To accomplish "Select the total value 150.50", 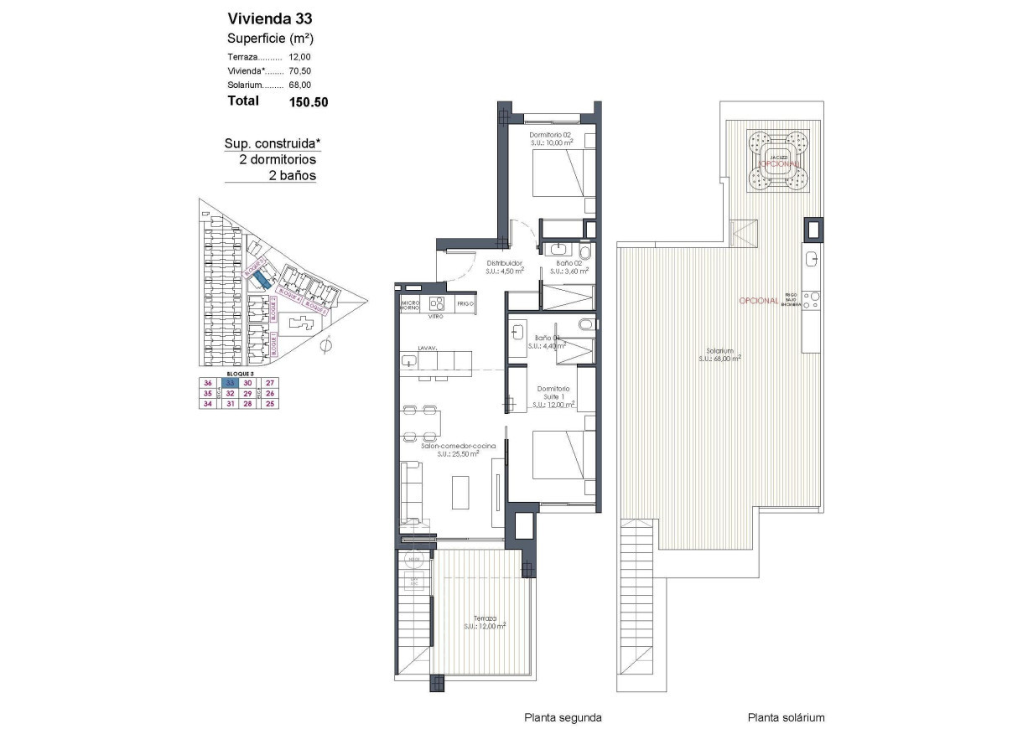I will (308, 101).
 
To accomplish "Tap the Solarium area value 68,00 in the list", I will (299, 85).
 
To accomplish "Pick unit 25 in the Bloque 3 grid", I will (269, 403).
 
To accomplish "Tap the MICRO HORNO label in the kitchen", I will (410, 304).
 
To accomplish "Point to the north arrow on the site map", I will (328, 344).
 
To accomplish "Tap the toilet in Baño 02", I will (585, 251).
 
